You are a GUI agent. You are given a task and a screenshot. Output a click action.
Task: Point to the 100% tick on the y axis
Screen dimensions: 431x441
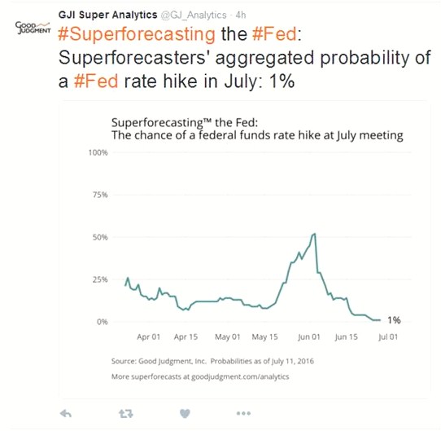[98, 153]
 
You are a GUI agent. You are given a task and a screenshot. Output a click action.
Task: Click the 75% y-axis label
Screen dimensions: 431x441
[100, 195]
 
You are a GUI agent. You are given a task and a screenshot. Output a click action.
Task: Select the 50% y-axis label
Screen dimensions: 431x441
[100, 237]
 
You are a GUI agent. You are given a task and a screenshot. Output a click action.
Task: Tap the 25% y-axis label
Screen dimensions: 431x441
[100, 279]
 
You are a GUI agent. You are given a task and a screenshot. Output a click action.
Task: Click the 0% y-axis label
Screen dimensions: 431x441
[103, 322]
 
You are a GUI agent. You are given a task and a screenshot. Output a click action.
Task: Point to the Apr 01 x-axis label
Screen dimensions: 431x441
[149, 336]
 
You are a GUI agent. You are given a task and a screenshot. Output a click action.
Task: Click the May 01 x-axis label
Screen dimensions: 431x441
[228, 336]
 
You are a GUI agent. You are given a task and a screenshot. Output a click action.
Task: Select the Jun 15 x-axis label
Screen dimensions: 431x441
[347, 336]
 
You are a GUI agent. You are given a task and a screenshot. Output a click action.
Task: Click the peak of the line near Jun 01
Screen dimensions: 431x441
[315, 234]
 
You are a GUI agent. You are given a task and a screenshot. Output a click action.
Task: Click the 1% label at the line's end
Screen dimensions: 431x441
[394, 320]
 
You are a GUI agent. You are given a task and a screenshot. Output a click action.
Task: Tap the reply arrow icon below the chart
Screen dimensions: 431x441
[67, 413]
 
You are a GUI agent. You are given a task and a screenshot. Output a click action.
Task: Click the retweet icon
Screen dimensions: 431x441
[125, 413]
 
